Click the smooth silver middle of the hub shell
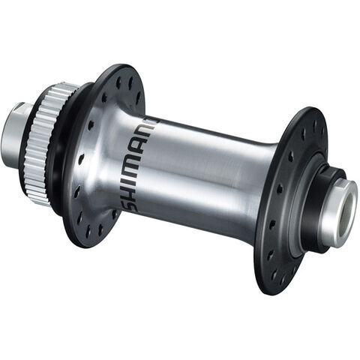point(202,172)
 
